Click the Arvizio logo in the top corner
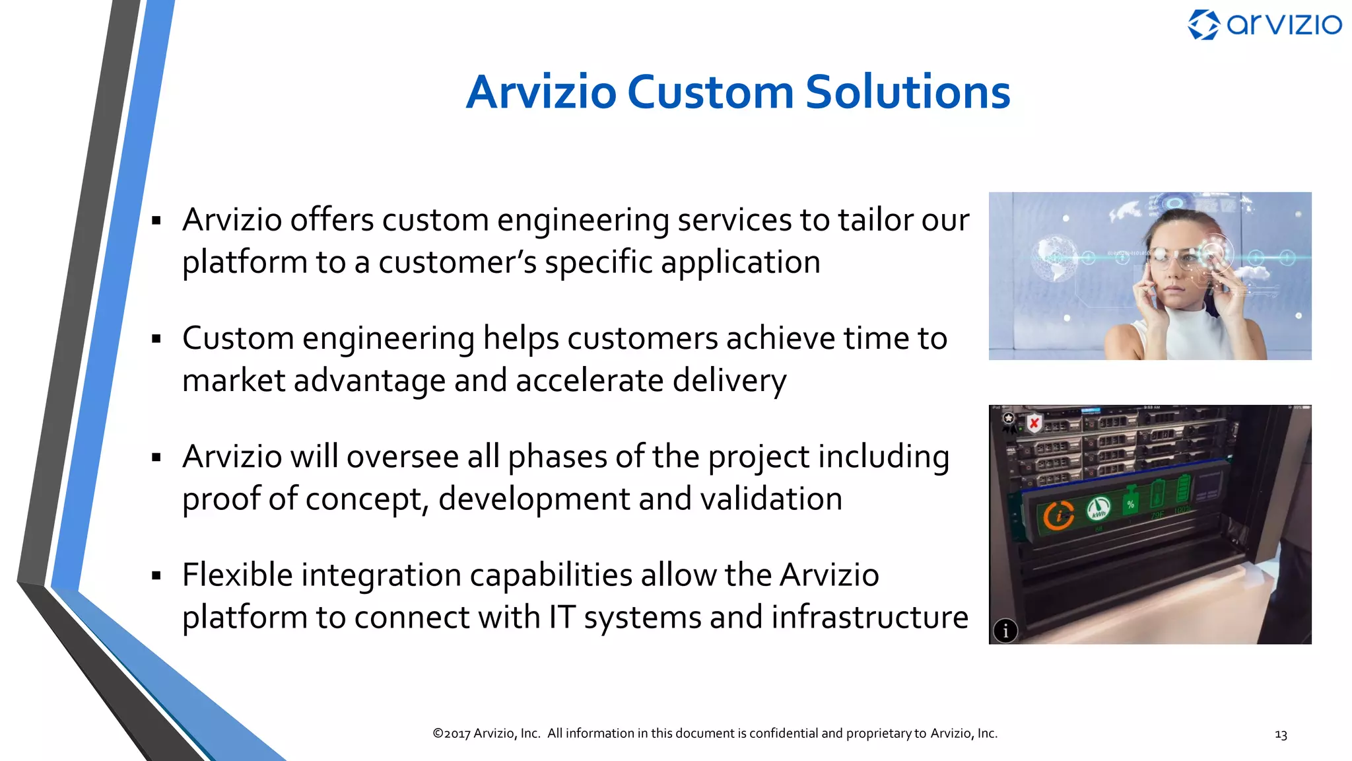point(1264,25)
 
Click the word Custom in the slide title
point(710,92)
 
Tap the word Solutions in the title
point(908,92)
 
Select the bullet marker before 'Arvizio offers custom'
point(156,221)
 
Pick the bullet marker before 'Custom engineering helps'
point(156,339)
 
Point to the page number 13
point(1281,735)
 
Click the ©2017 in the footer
point(451,733)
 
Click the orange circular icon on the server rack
point(1058,516)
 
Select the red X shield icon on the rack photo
point(1034,423)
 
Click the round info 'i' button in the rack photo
point(1005,631)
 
